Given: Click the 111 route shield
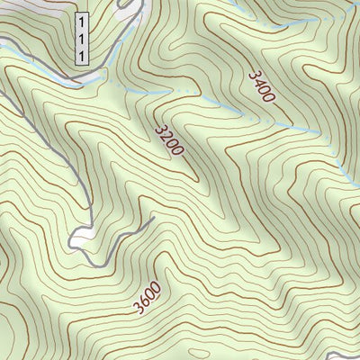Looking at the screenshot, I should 82,38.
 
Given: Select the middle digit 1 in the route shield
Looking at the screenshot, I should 82,38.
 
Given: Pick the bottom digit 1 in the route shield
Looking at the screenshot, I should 82,55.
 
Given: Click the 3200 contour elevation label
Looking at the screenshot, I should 168,140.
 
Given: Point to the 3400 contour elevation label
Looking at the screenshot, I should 258,87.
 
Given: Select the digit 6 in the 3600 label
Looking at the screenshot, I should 142,302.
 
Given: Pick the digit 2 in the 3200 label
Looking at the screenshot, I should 165,136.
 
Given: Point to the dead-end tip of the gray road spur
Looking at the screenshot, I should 155,217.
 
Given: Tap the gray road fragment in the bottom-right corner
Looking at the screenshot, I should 346,354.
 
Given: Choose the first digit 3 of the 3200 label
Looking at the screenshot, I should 159,129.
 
